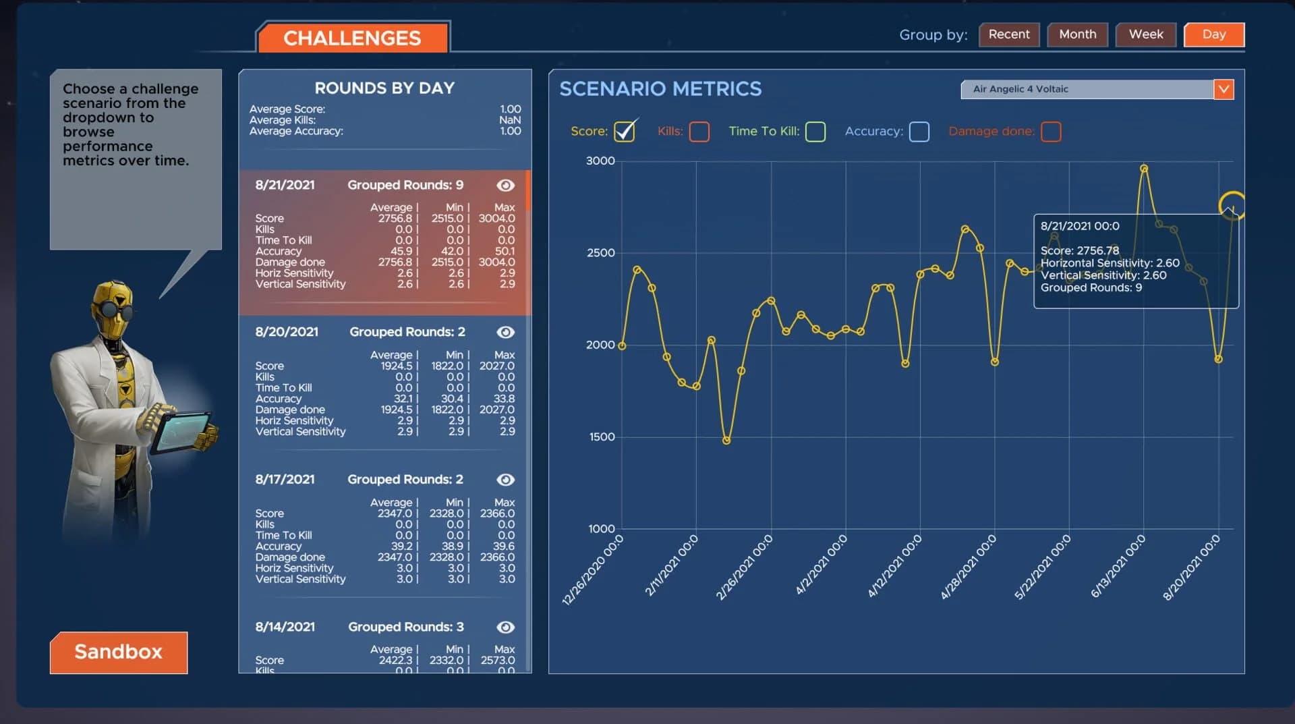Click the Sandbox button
[x=119, y=652]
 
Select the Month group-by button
[x=1077, y=34]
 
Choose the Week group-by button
[x=1145, y=34]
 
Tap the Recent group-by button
[x=1008, y=34]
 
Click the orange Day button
[x=1213, y=34]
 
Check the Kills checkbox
[x=699, y=132]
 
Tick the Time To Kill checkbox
[x=815, y=132]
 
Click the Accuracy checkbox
[x=919, y=132]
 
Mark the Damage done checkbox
[x=1050, y=132]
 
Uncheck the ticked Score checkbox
[x=625, y=131]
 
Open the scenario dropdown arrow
[x=1223, y=89]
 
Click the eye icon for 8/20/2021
[x=505, y=332]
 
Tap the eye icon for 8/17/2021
[x=505, y=480]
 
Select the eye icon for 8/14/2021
[x=505, y=627]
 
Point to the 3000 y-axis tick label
[x=600, y=161]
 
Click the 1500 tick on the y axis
[x=602, y=437]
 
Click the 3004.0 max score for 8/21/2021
[x=496, y=219]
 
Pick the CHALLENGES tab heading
[x=351, y=38]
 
